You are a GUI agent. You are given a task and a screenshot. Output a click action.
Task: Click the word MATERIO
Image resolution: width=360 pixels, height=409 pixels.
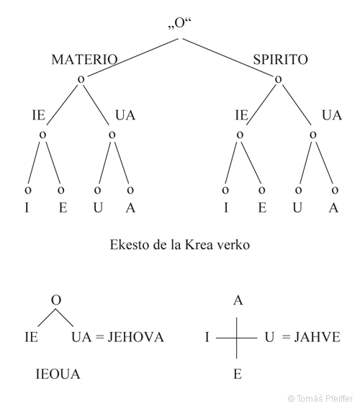(84, 59)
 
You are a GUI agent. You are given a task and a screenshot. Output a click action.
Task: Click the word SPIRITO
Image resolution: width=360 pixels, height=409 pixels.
(280, 59)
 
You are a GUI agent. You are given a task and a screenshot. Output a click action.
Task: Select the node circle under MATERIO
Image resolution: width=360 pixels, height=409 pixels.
(81, 77)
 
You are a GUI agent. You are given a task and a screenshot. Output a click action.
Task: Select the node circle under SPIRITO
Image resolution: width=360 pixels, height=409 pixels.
(278, 77)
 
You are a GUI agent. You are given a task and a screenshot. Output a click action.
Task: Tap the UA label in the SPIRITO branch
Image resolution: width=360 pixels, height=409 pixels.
(331, 115)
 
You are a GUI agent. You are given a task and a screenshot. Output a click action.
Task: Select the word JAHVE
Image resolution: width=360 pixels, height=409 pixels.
(315, 336)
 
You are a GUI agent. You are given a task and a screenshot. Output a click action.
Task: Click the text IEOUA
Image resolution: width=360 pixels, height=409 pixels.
(58, 374)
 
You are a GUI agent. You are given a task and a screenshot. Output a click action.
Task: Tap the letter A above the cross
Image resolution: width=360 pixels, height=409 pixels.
(238, 301)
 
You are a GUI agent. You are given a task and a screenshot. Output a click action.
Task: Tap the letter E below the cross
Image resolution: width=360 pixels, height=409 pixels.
(238, 374)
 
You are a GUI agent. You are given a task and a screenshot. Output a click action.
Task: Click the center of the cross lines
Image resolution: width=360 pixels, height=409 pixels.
(238, 336)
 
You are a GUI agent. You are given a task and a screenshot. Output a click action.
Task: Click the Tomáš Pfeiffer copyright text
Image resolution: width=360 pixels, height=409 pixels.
(320, 397)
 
